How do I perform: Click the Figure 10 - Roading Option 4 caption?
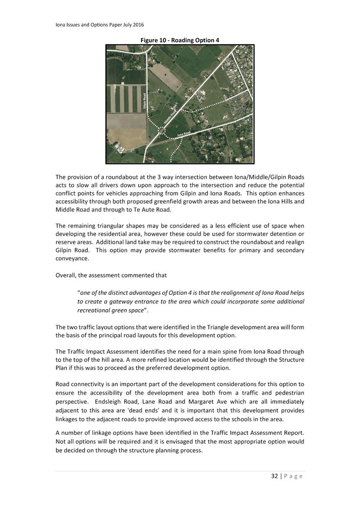click(180, 40)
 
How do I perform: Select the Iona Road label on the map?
click(184, 133)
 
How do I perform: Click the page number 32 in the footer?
click(275, 476)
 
